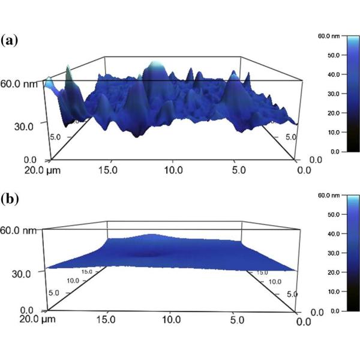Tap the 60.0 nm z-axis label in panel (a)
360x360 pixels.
[20, 84]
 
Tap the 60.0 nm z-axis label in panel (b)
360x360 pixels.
[20, 230]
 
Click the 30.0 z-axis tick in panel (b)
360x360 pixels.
[23, 272]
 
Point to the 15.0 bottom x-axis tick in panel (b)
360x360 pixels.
[107, 319]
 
